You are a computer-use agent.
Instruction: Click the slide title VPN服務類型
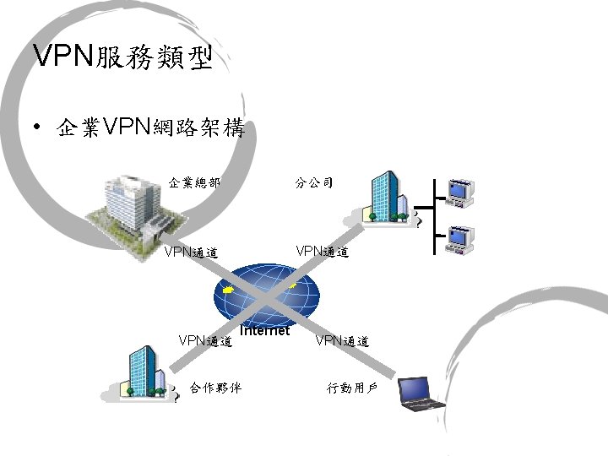click(122, 57)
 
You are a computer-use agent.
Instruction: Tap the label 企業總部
click(194, 182)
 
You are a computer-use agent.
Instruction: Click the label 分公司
click(314, 182)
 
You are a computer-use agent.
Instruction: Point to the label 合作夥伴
click(215, 388)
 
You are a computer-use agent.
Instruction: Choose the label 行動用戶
click(352, 388)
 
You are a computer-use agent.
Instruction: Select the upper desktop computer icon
click(460, 193)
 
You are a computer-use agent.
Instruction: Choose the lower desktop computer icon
click(460, 239)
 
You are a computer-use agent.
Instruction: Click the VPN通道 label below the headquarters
click(191, 252)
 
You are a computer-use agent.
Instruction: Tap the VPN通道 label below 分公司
click(321, 252)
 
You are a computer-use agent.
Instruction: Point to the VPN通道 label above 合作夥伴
click(205, 341)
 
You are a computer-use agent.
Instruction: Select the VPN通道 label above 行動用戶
click(342, 341)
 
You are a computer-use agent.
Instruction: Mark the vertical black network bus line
click(433, 215)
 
